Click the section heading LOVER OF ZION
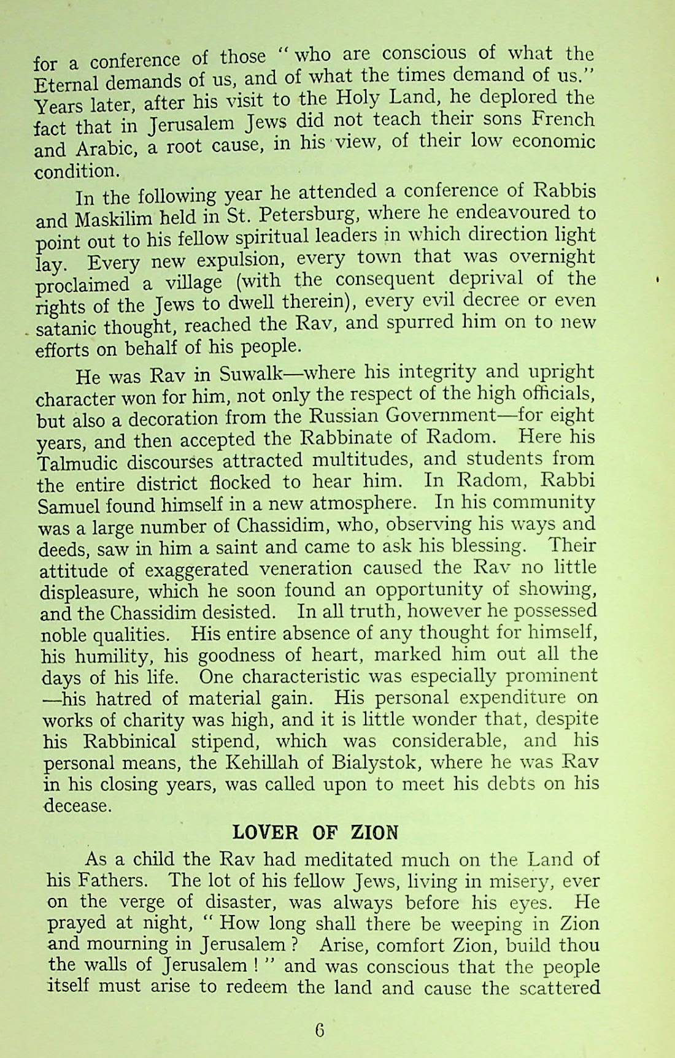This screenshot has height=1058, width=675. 315,832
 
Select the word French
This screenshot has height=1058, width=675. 565,118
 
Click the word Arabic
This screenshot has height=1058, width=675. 102,149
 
